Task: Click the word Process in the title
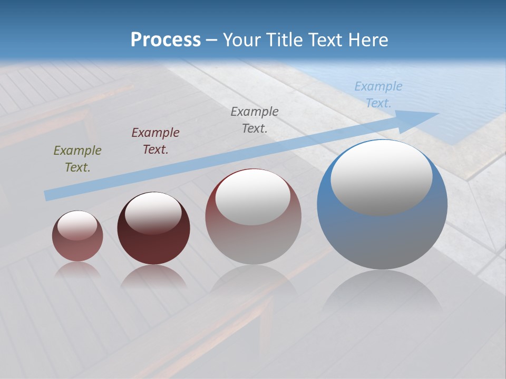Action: click(x=166, y=40)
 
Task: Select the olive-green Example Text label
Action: click(x=77, y=159)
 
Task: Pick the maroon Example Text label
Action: click(x=155, y=141)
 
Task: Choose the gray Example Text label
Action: click(x=255, y=119)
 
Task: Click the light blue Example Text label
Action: click(x=378, y=95)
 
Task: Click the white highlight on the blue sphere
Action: click(x=382, y=178)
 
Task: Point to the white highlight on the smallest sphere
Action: click(x=77, y=225)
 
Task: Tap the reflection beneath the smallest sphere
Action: click(x=77, y=270)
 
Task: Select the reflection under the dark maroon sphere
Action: click(x=153, y=276)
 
